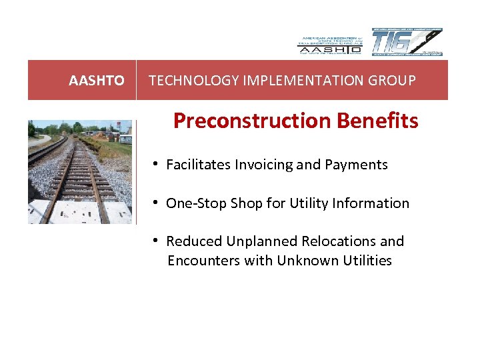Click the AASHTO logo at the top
[x=329, y=43]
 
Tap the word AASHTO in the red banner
[x=97, y=81]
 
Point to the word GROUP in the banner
[x=394, y=81]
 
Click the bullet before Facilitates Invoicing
[x=154, y=164]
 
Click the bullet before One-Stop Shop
[x=154, y=203]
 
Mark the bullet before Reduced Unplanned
[x=154, y=241]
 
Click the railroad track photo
[x=80, y=172]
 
